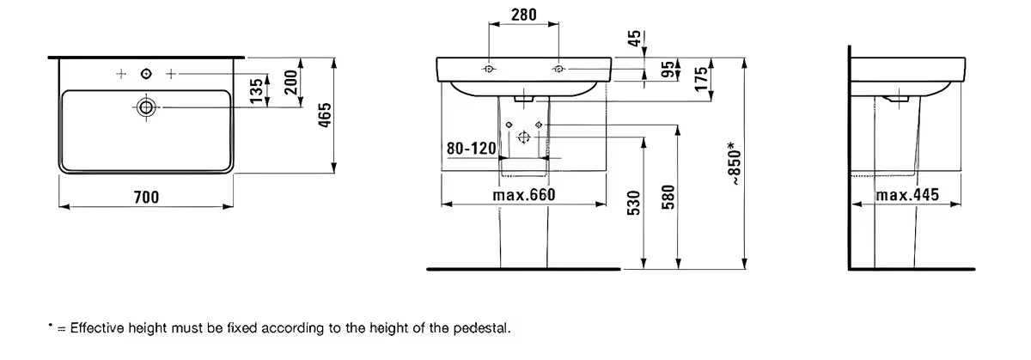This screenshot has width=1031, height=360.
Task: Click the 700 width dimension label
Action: click(146, 197)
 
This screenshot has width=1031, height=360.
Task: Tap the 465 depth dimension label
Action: click(325, 115)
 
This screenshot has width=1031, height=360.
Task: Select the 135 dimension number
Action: click(256, 91)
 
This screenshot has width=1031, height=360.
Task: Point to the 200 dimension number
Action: click(290, 82)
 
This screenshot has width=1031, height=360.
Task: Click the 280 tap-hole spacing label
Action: click(524, 15)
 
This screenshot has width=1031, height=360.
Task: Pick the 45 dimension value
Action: click(634, 38)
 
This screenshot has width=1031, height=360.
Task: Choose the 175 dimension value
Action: click(700, 79)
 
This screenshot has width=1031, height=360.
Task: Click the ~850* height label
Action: click(734, 163)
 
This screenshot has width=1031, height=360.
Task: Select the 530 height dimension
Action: click(634, 203)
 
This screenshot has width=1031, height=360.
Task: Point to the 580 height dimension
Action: click(668, 197)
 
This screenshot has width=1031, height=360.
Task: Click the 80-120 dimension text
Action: click(472, 149)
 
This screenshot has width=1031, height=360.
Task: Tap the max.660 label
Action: click(524, 195)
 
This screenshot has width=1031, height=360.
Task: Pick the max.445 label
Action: click(907, 195)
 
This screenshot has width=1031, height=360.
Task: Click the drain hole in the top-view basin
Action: click(146, 107)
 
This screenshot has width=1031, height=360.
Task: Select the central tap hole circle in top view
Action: click(146, 74)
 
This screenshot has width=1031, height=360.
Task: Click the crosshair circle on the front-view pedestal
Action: click(523, 137)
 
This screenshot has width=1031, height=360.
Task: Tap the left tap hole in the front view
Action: click(489, 69)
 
